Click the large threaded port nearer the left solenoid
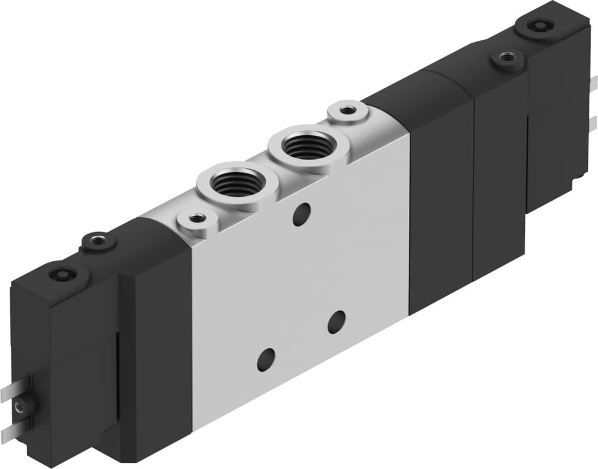pyautogui.click(x=237, y=184)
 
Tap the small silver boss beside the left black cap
pyautogui.click(x=197, y=218)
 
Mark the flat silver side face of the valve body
pyautogui.click(x=300, y=283)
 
